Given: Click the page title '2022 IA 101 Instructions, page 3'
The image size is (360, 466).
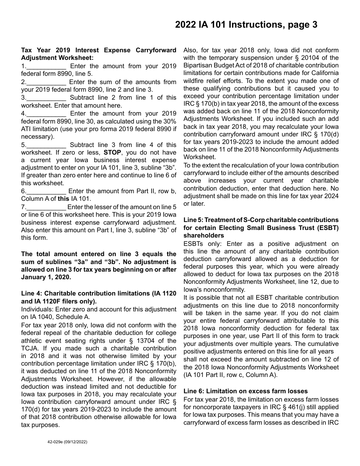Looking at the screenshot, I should click(x=246, y=25).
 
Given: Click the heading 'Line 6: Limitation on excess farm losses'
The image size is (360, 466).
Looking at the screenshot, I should click(x=246, y=391).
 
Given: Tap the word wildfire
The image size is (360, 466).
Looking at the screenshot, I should click(x=196, y=81).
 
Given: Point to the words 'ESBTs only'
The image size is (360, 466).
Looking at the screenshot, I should click(x=201, y=244).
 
